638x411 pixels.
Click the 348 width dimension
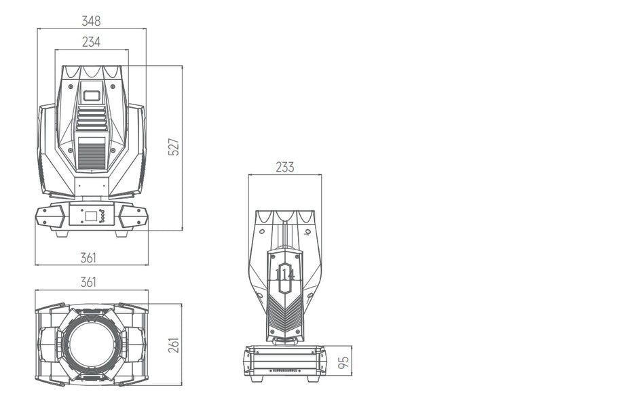(x=91, y=21)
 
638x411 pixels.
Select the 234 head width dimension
(x=91, y=41)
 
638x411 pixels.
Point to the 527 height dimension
(x=174, y=146)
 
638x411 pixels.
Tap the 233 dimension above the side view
(x=284, y=167)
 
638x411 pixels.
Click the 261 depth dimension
(x=174, y=345)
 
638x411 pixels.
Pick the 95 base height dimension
(x=344, y=362)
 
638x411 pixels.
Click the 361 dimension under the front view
(x=88, y=258)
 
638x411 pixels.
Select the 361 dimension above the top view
(x=88, y=281)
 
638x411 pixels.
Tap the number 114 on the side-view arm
(x=285, y=275)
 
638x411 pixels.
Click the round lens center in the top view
(x=92, y=344)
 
